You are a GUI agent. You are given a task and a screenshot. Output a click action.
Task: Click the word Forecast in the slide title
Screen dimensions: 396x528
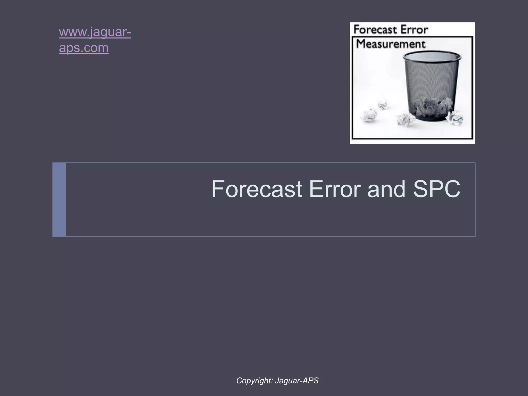coord(257,189)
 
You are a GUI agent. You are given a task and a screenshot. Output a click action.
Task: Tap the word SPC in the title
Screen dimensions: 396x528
coord(436,189)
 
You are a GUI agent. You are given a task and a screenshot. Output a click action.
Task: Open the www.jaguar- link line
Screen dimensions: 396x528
coord(95,32)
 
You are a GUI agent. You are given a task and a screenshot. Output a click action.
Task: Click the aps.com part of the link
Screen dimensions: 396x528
coord(84,48)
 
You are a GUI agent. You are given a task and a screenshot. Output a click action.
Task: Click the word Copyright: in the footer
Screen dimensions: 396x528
coord(254,381)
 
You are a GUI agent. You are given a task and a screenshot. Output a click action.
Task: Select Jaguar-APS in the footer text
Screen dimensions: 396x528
coord(297,381)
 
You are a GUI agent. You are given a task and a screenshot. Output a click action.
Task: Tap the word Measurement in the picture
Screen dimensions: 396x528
coord(390,44)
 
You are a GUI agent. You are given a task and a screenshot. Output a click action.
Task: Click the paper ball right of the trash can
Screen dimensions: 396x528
coord(455,118)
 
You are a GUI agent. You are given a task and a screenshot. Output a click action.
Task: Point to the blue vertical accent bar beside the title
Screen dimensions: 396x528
coord(59,200)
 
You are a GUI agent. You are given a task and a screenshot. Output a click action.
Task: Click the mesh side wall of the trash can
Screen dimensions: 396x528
coord(431,80)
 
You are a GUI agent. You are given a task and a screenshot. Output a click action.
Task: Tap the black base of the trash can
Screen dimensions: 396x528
coord(431,118)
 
